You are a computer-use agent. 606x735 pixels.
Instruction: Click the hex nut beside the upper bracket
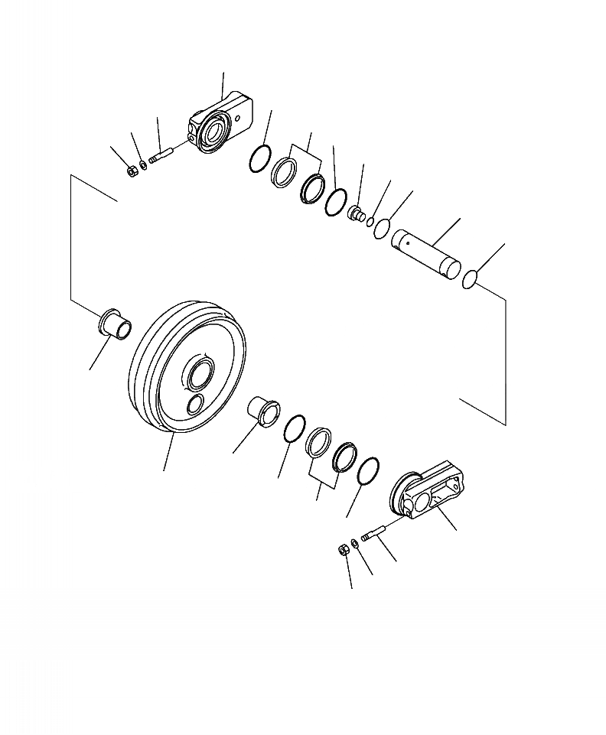pyautogui.click(x=132, y=170)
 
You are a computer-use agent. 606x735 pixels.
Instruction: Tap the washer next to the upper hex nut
pyautogui.click(x=145, y=165)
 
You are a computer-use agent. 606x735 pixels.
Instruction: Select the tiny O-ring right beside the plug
pyautogui.click(x=370, y=223)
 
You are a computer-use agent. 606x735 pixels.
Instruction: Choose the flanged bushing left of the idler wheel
pyautogui.click(x=114, y=323)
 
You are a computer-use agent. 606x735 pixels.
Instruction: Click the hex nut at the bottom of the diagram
pyautogui.click(x=341, y=549)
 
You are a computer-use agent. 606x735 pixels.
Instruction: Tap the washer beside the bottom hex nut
pyautogui.click(x=353, y=544)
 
